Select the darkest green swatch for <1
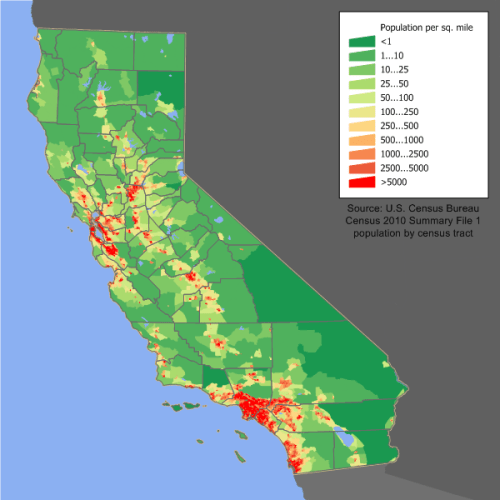click(x=360, y=42)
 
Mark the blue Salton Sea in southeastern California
click(x=344, y=438)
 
